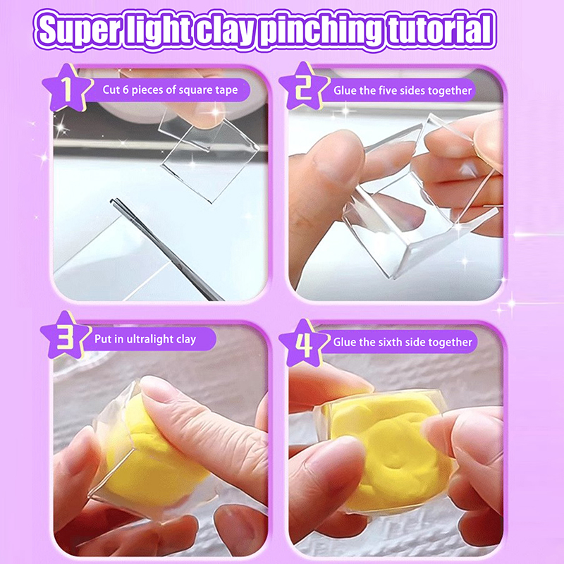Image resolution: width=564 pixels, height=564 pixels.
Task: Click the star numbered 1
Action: coord(67,87)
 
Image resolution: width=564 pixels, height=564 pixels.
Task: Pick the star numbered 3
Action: coord(66,336)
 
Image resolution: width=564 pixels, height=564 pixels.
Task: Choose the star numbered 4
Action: coord(304,343)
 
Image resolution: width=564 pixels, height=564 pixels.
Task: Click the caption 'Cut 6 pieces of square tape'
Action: coord(170,90)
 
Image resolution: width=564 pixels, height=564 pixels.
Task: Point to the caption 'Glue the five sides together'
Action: coord(403,90)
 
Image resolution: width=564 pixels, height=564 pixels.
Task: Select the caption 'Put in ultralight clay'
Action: coord(145,339)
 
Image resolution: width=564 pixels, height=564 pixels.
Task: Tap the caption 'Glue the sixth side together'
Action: coord(403,342)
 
